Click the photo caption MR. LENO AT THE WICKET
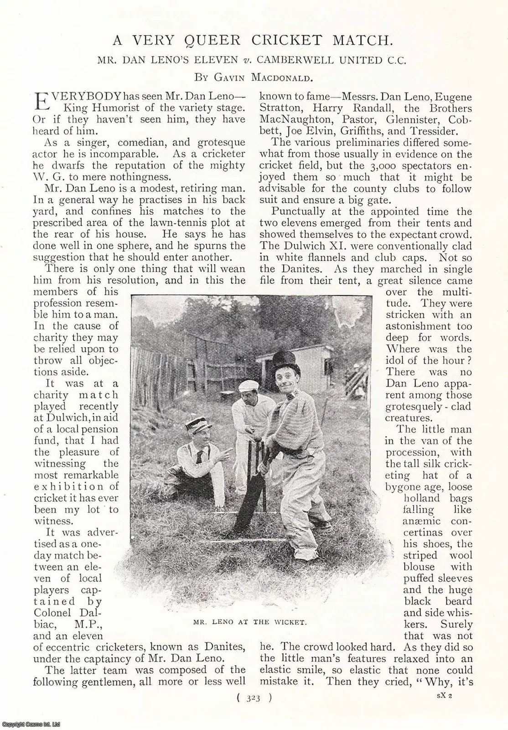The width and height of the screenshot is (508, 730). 249,622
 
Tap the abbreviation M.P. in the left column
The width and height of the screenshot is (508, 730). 94,624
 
